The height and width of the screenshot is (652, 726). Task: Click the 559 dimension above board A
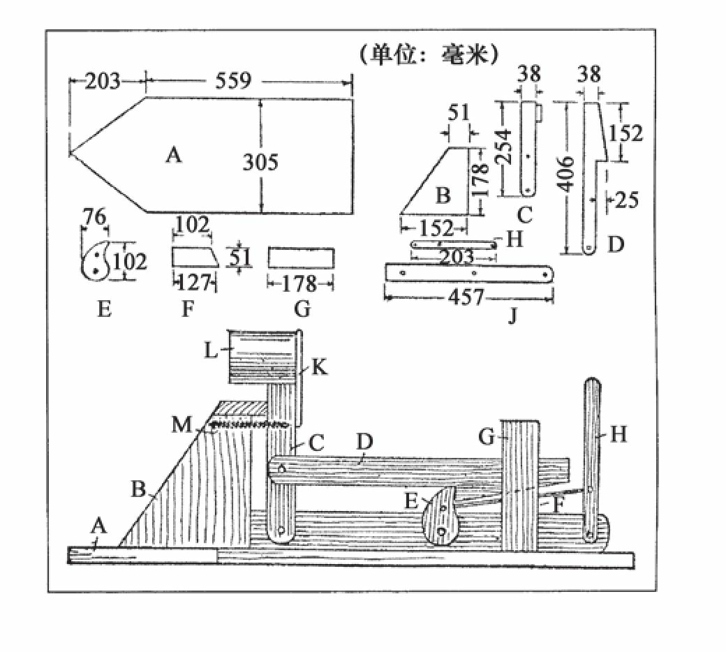[x=233, y=80]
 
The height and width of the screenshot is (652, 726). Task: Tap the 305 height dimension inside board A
[x=260, y=162]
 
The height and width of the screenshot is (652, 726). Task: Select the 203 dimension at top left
[x=103, y=82]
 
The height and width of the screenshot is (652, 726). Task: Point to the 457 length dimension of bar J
[x=466, y=297]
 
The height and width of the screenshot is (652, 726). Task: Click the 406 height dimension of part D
[x=566, y=174]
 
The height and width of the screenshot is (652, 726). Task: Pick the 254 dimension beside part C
[x=504, y=147]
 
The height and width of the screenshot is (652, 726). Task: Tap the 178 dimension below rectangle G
[x=299, y=283]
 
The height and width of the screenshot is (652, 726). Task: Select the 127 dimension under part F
[x=194, y=282]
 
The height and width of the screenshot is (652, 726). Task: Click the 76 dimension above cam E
[x=94, y=216]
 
